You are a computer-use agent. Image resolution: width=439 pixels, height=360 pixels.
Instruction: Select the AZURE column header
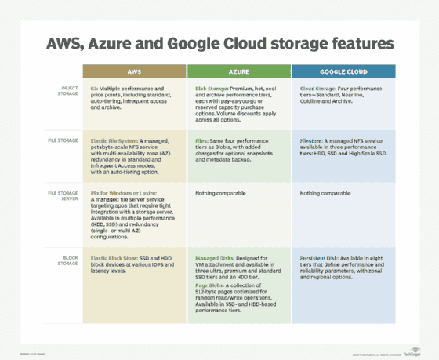(239, 71)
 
